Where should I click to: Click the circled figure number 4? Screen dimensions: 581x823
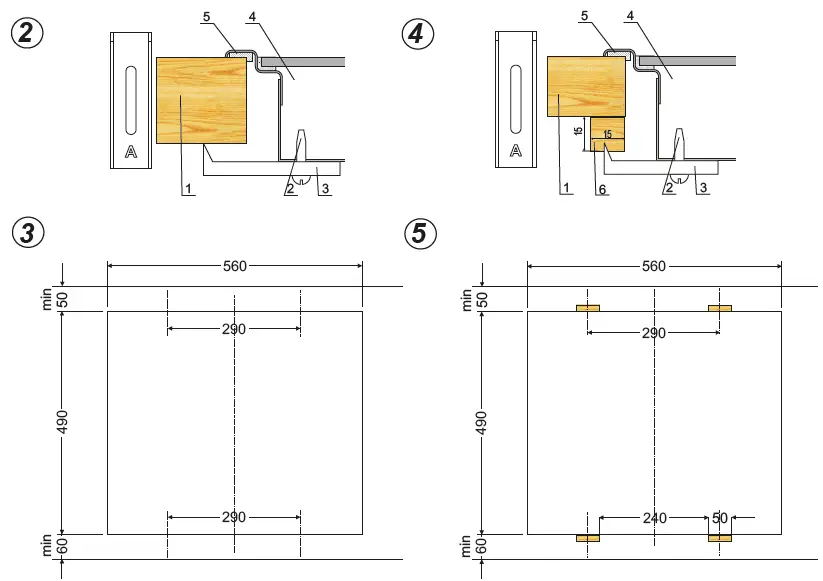(x=418, y=32)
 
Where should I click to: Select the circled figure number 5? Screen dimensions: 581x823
(x=419, y=233)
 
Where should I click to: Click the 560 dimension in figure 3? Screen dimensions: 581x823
(x=234, y=265)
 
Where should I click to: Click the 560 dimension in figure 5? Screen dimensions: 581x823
(x=653, y=265)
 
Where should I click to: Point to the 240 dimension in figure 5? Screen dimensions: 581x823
(x=654, y=519)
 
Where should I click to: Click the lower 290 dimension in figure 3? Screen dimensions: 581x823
(x=234, y=517)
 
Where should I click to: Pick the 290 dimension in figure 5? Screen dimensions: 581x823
(x=653, y=333)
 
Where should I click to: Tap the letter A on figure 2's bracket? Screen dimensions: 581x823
(x=130, y=152)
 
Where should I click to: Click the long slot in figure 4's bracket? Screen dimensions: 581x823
(x=516, y=100)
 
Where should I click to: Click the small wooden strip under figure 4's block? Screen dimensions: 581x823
(x=608, y=134)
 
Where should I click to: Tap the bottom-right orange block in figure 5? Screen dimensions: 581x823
(x=720, y=538)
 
